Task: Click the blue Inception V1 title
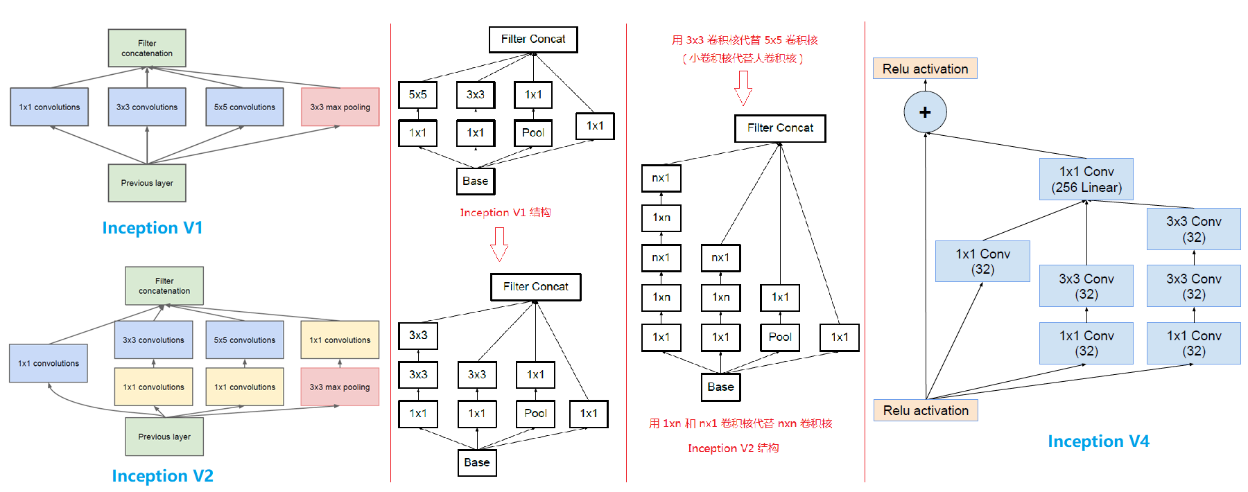(x=152, y=228)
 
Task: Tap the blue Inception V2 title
(x=162, y=476)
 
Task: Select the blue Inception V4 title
(x=1098, y=441)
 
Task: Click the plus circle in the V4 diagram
(x=925, y=112)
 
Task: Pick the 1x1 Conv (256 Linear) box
(x=1086, y=179)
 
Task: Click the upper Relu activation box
(x=925, y=69)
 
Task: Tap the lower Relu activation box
(x=926, y=410)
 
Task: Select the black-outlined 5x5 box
(x=417, y=95)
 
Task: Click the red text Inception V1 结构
(x=505, y=213)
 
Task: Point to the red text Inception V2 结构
(x=733, y=448)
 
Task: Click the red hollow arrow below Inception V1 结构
(x=499, y=244)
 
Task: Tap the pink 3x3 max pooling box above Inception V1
(x=340, y=107)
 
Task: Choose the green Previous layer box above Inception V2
(x=164, y=437)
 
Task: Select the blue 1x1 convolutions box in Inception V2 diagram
(x=49, y=363)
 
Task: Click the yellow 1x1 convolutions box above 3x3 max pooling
(x=340, y=340)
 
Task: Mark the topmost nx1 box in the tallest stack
(x=661, y=178)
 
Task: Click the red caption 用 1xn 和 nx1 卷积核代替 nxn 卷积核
(x=740, y=423)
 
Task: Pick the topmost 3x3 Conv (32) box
(x=1193, y=229)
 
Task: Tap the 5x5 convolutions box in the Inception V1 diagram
(x=244, y=107)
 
